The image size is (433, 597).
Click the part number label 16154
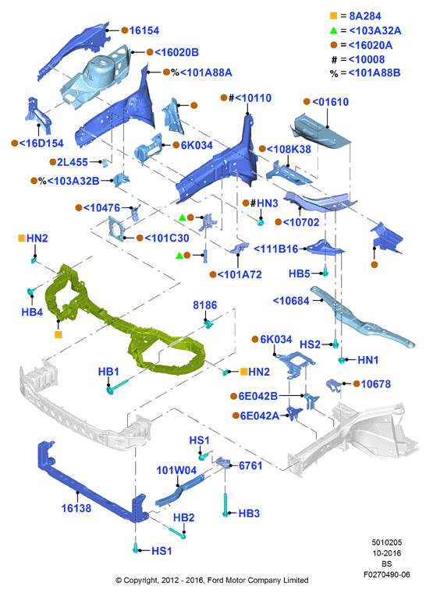(x=144, y=30)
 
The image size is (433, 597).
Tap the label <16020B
(x=176, y=52)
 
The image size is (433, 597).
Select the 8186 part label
(x=204, y=305)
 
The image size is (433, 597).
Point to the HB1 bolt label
(x=108, y=371)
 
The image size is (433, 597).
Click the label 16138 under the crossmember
(x=76, y=508)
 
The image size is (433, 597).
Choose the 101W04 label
(x=176, y=470)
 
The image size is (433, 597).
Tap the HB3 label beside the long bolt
(x=249, y=514)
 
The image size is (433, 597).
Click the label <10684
(x=291, y=301)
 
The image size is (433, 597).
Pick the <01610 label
(x=330, y=101)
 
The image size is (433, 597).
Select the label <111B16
(x=276, y=249)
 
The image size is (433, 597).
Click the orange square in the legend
(x=333, y=16)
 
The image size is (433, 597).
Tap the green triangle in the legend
(x=333, y=30)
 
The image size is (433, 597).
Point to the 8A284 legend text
(x=365, y=16)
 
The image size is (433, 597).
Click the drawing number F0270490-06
(x=386, y=574)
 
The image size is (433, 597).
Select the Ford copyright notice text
(x=212, y=581)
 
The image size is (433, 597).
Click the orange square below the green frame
(x=59, y=334)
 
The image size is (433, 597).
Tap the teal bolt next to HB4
(x=30, y=292)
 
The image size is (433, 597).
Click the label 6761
(x=250, y=465)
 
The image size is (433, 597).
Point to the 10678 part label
(x=376, y=383)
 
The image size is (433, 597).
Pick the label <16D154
(x=41, y=143)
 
